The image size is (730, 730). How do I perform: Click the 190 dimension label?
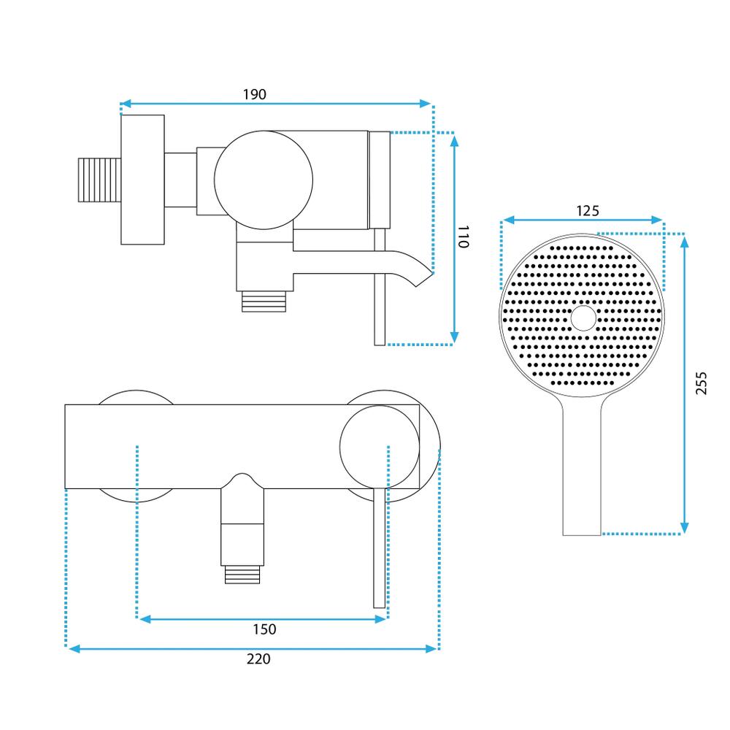(255, 94)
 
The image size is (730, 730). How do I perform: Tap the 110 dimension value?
(464, 237)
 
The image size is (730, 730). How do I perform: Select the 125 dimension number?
(588, 211)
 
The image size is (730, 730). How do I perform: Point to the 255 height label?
(701, 383)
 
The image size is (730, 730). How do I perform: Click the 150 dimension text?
(264, 629)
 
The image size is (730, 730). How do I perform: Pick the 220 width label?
(258, 659)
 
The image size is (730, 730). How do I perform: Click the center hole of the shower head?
(583, 318)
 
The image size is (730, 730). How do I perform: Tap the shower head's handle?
(582, 466)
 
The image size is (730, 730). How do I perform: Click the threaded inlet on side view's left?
(99, 180)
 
